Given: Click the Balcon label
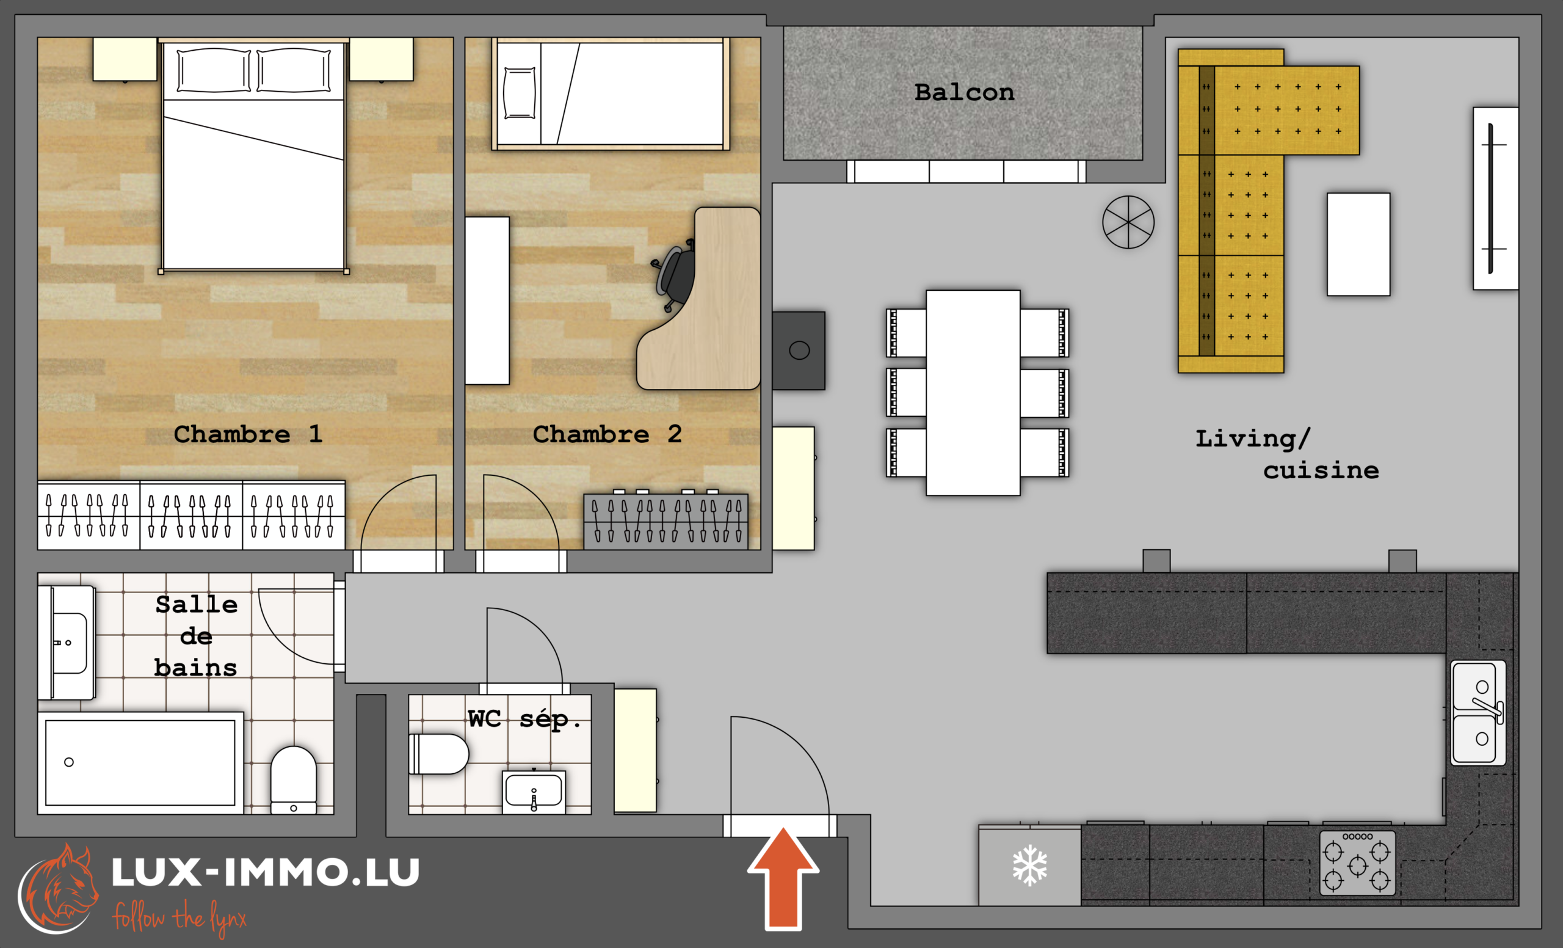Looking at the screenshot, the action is click(964, 93).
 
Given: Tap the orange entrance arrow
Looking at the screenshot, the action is click(783, 879).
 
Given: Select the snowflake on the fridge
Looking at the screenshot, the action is click(1029, 865).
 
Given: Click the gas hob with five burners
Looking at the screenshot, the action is click(1357, 863).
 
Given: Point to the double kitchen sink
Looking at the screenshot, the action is click(1478, 713).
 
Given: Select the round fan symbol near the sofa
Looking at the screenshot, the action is click(1128, 222).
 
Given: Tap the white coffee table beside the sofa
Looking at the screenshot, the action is click(1358, 244).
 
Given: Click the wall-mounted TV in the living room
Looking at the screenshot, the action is click(1495, 199).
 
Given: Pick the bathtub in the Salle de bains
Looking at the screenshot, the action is click(140, 763).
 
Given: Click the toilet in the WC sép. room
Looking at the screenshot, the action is click(438, 754).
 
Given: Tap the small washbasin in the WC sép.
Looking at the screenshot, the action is click(534, 792).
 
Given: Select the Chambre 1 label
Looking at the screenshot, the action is click(248, 434).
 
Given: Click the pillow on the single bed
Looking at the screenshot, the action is click(519, 93).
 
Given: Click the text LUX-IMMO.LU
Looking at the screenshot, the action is click(266, 872).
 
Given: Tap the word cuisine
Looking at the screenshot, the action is click(1321, 470).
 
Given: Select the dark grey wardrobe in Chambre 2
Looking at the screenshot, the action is click(665, 520).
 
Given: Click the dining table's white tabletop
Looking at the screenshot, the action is click(973, 393).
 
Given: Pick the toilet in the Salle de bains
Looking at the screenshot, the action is click(294, 780).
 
